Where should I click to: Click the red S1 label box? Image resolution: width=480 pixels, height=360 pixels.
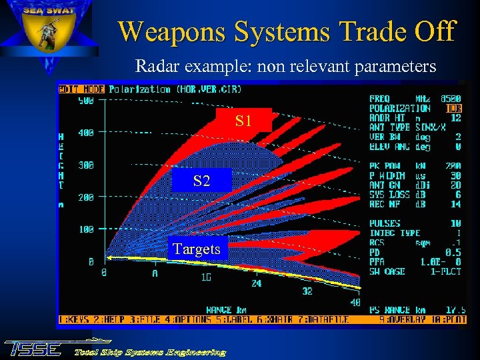(x=243, y=120)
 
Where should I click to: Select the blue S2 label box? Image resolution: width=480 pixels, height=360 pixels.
(x=201, y=180)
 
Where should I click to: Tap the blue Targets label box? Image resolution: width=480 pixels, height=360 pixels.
(x=197, y=249)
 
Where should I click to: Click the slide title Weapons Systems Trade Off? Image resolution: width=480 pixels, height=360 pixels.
(x=286, y=31)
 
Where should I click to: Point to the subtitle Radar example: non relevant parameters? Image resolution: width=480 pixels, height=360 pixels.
(x=285, y=67)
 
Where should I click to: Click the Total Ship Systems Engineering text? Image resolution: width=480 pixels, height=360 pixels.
(x=149, y=351)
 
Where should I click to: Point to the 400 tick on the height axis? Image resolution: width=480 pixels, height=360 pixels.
(x=86, y=133)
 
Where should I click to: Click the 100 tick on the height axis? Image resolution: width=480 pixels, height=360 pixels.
(x=86, y=229)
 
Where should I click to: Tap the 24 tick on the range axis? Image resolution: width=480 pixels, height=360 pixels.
(x=257, y=283)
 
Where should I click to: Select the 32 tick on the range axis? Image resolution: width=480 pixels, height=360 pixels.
(x=307, y=291)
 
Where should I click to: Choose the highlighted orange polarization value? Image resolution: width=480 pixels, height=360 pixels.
(x=454, y=108)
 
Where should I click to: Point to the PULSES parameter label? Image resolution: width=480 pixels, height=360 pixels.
(x=385, y=223)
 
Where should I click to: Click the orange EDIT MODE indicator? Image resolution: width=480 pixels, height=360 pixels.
(x=81, y=89)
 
